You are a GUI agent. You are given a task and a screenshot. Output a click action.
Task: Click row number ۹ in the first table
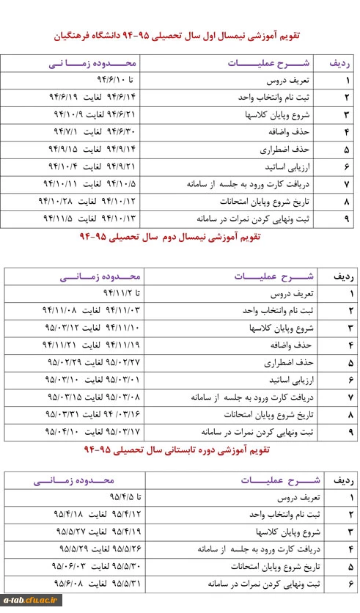coord(345,218)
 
